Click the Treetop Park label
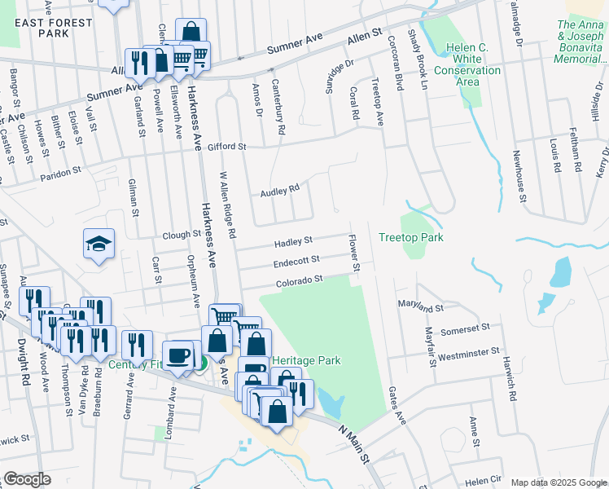[410, 237]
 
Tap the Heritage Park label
[305, 360]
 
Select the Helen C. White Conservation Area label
[467, 59]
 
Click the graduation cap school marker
[99, 243]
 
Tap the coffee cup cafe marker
[178, 355]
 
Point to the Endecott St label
[296, 262]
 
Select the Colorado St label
[298, 280]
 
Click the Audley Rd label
[280, 192]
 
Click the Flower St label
[354, 253]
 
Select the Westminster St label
[468, 355]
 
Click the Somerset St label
[464, 329]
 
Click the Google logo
[27, 479]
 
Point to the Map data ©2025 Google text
[559, 482]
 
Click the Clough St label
[181, 234]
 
